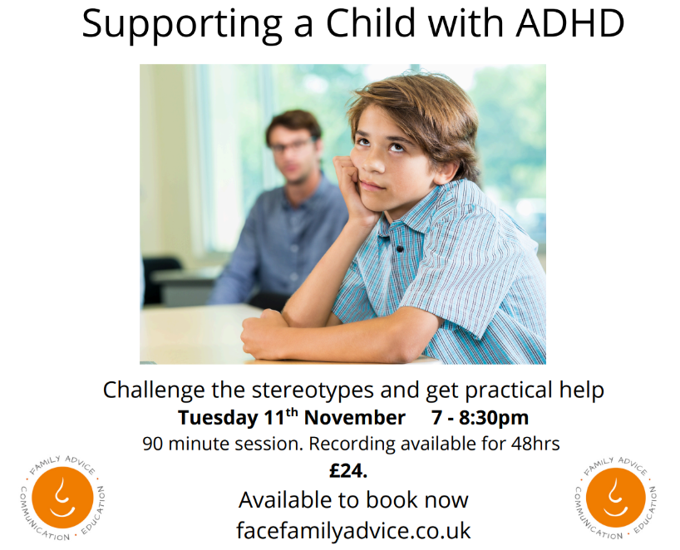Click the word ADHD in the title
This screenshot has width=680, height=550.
click(569, 23)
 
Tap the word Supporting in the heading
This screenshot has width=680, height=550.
click(182, 26)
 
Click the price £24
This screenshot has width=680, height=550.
click(348, 471)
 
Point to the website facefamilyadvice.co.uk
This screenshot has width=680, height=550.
click(353, 530)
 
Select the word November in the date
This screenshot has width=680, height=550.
click(355, 418)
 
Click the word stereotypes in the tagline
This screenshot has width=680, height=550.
click(313, 390)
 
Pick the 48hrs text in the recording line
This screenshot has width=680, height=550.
click(535, 444)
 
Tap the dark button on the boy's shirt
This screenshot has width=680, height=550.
click(400, 249)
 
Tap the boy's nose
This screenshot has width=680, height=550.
click(373, 163)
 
